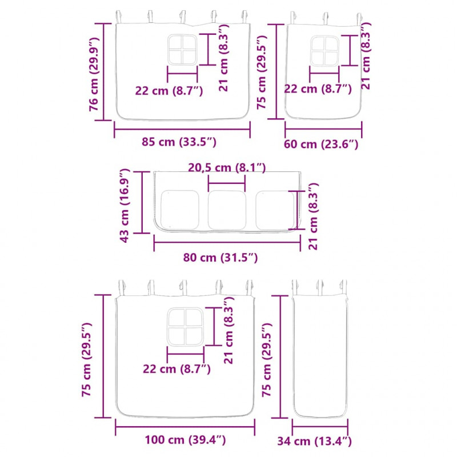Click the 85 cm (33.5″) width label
[x=179, y=142]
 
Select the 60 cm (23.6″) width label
[x=321, y=145]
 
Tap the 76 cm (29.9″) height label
[x=94, y=74]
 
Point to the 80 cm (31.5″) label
[x=221, y=258]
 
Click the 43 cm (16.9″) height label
[x=124, y=206]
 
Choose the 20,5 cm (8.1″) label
[x=227, y=167]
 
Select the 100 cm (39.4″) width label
[x=185, y=440]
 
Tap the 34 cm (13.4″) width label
[x=315, y=441]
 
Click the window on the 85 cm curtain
[x=182, y=50]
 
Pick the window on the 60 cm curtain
[x=324, y=51]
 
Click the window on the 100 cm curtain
[x=185, y=327]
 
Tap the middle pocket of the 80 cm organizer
[x=227, y=210]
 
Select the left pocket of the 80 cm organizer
[x=180, y=210]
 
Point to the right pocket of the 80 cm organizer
[x=275, y=210]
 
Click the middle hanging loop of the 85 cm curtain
[x=182, y=18]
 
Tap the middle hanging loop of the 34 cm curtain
[x=320, y=287]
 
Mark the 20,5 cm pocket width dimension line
[x=227, y=183]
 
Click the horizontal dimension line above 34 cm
[x=320, y=427]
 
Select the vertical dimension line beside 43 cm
[x=142, y=202]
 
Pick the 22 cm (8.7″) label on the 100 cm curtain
[x=177, y=369]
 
